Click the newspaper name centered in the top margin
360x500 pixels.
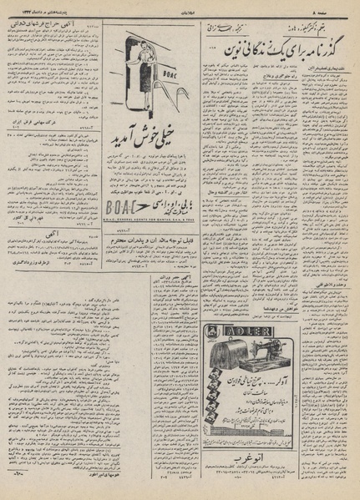pyautogui.click(x=180, y=10)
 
